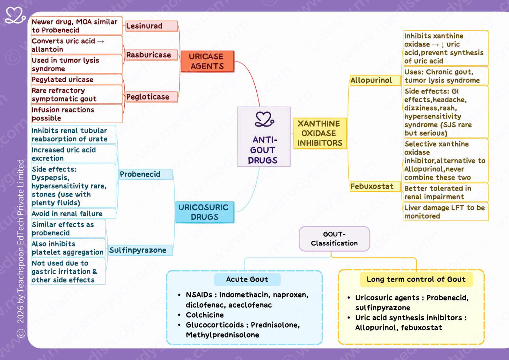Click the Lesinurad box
pyautogui.click(x=152, y=26)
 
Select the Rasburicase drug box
pyautogui.click(x=152, y=55)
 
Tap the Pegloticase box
pyautogui.click(x=152, y=97)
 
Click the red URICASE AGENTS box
pyautogui.click(x=207, y=61)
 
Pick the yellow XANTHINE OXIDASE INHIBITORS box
pyautogui.click(x=320, y=133)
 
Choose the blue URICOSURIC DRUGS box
pyautogui.click(x=205, y=212)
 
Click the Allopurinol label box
pyautogui.click(x=375, y=80)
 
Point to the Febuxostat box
pyautogui.click(x=375, y=186)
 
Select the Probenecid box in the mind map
pyautogui.click(x=146, y=174)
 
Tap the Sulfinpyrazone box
pyautogui.click(x=140, y=250)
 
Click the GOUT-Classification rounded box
pyautogui.click(x=334, y=239)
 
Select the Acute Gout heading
pyautogui.click(x=247, y=279)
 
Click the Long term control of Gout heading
pyautogui.click(x=416, y=279)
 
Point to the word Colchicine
pyautogui.click(x=205, y=315)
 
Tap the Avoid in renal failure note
pyautogui.click(x=73, y=214)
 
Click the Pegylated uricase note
pyautogui.click(x=77, y=80)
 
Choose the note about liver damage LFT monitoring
pyautogui.click(x=446, y=212)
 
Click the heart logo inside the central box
pyautogui.click(x=264, y=119)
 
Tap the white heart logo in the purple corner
pyautogui.click(x=15, y=15)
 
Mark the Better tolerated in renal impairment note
pyautogui.click(x=446, y=192)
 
